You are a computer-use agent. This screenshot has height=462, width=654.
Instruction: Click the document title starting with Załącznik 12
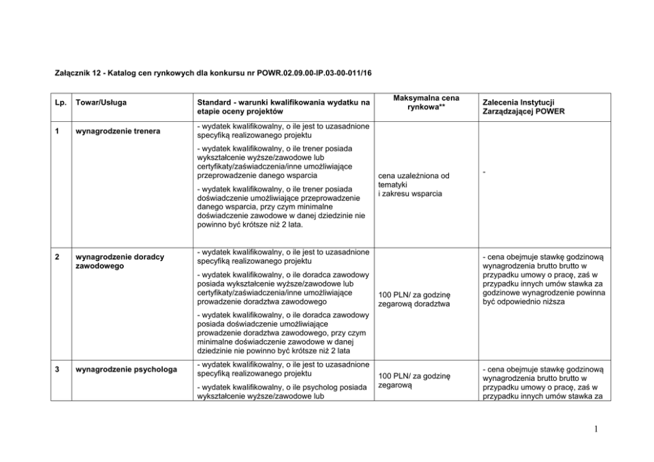[212, 71]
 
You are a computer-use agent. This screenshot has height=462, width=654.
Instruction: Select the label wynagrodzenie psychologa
[127, 369]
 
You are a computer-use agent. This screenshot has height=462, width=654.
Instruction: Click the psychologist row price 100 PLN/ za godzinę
[413, 380]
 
